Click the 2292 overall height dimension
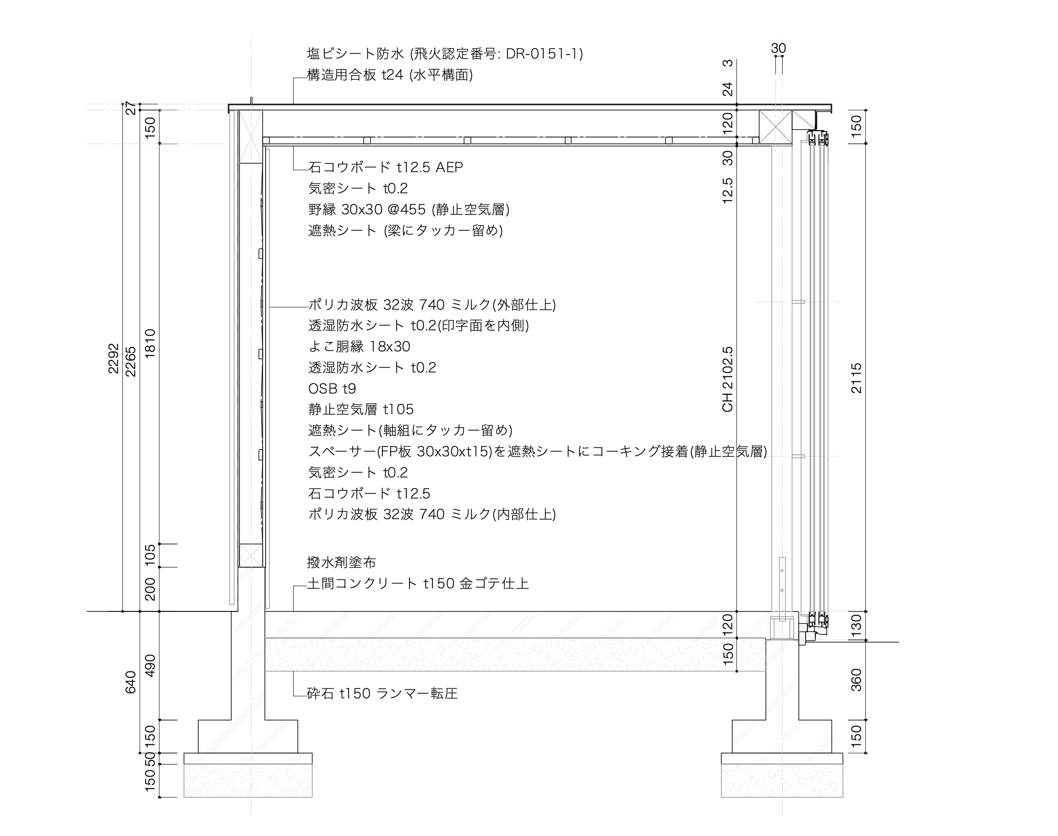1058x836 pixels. coord(114,359)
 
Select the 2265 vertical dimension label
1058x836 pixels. coord(131,362)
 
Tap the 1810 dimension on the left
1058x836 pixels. coord(150,344)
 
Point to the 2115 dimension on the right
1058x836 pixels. coord(856,378)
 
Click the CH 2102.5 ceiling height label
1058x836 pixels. coord(727,379)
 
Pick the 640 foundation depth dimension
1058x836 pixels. coord(131,682)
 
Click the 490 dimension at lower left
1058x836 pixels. coord(150,665)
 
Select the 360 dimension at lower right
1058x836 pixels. coord(856,680)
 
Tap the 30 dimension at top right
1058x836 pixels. coord(778,49)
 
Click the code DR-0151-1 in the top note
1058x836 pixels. coord(541,53)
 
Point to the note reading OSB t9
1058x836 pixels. coord(332,389)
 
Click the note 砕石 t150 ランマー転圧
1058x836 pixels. coord(382,693)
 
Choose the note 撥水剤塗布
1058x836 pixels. coord(341,562)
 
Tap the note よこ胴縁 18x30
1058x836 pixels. coord(359,346)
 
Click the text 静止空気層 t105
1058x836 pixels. coord(361,409)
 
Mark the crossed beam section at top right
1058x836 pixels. coord(775,127)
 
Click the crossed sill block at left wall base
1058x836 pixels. coord(251,555)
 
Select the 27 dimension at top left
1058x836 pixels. coord(131,108)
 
